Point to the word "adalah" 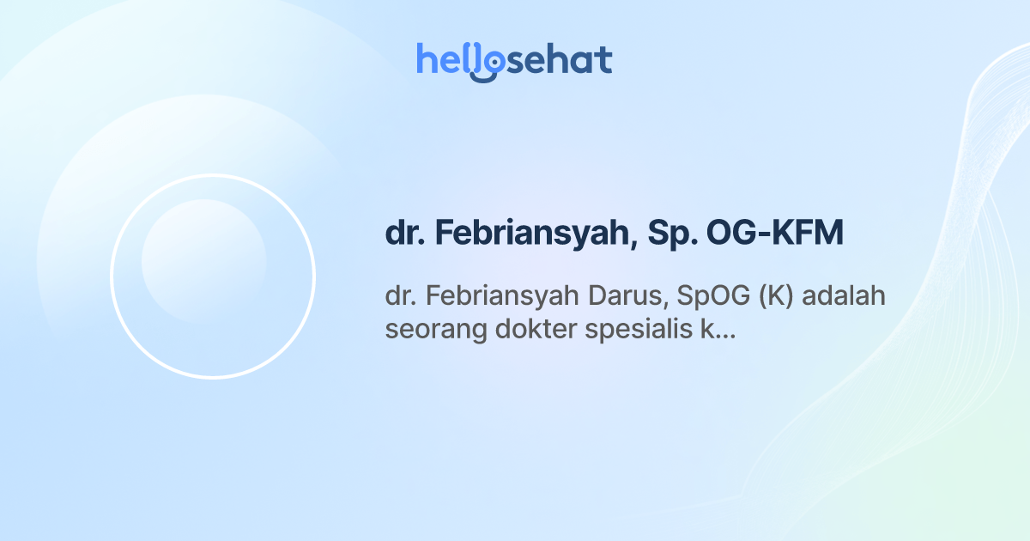pos(845,295)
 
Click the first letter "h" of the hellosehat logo pos(426,60)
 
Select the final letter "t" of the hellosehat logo pos(605,60)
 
